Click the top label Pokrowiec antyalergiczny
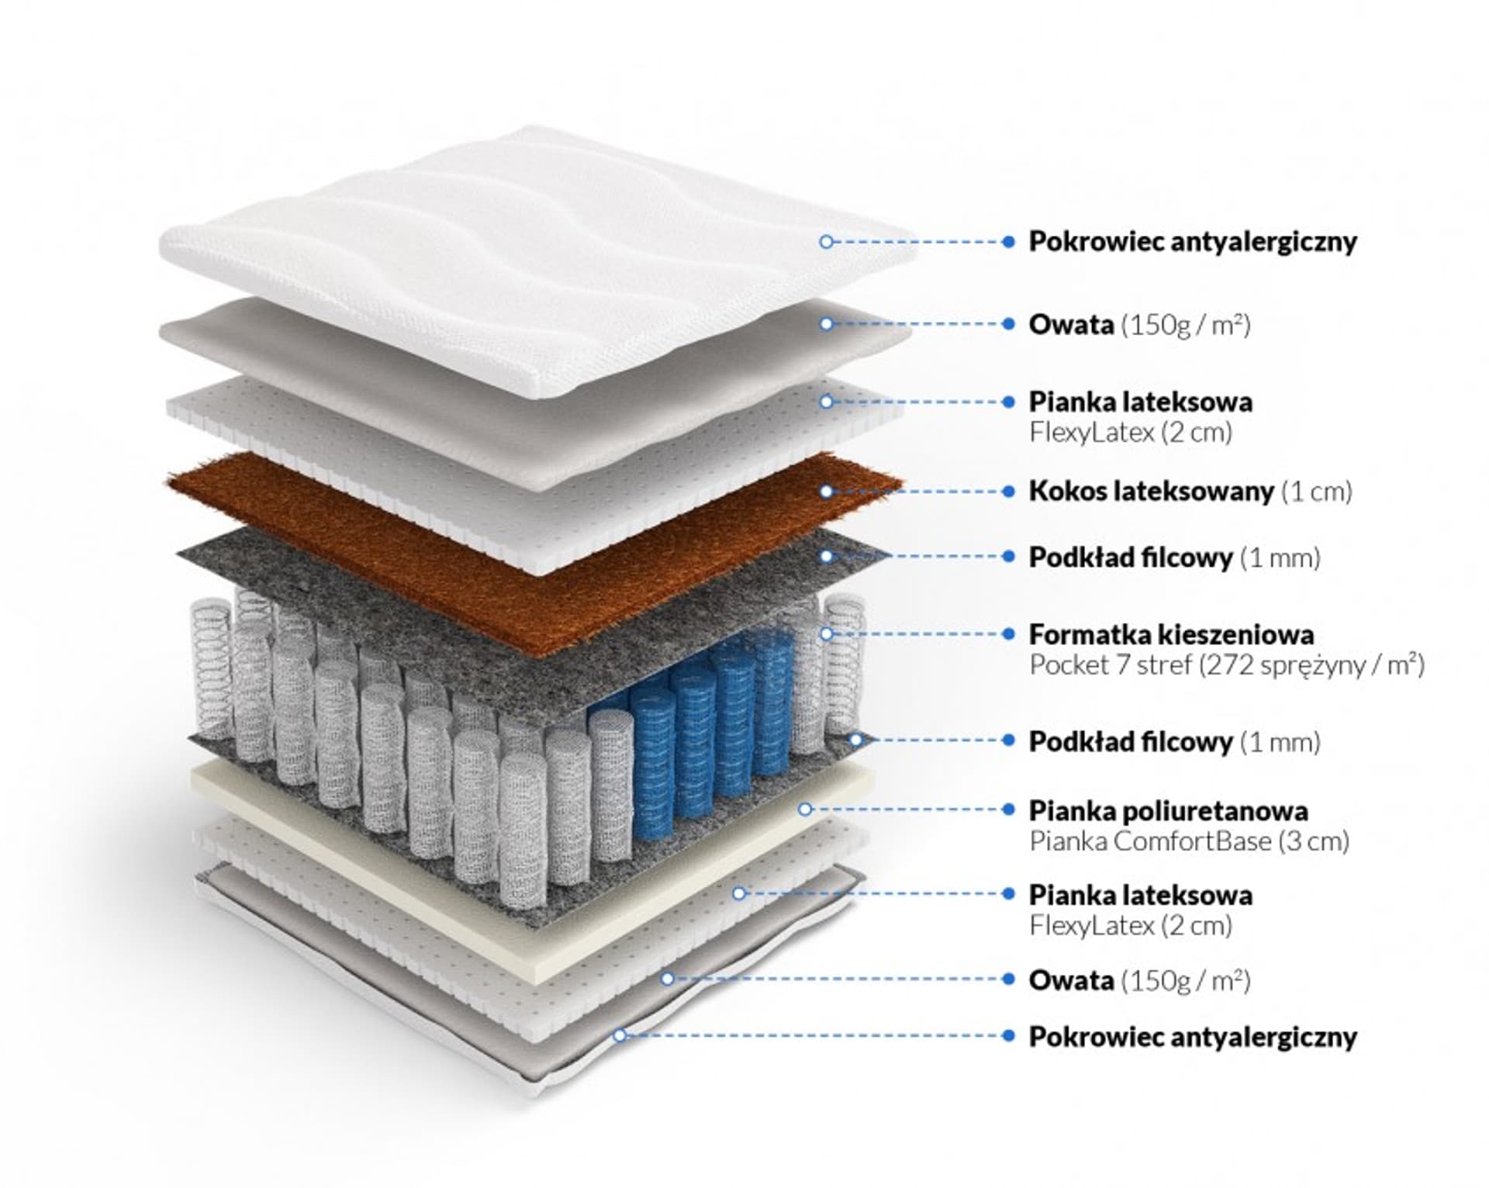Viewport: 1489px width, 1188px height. click(1192, 242)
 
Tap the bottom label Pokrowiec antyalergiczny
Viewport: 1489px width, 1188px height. click(1192, 1037)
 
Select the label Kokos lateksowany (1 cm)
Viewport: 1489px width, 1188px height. click(1190, 492)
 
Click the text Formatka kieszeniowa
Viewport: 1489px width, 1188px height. click(1171, 635)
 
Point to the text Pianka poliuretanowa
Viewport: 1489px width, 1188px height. click(1168, 811)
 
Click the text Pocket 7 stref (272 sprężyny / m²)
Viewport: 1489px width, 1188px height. click(1226, 665)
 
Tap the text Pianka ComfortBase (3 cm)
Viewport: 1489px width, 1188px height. click(1189, 841)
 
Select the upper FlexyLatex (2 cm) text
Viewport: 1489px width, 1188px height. click(1130, 433)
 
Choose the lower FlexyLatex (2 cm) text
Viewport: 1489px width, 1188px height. click(1130, 926)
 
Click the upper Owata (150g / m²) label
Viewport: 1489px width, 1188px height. click(1139, 325)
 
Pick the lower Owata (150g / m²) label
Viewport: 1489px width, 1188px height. click(1139, 981)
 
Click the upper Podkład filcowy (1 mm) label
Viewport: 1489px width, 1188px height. click(1174, 558)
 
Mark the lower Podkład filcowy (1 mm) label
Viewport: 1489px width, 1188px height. click(1174, 742)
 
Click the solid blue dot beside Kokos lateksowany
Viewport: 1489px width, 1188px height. click(1008, 492)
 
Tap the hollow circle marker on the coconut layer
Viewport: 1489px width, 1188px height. click(826, 492)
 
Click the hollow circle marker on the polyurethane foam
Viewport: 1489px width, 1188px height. click(805, 810)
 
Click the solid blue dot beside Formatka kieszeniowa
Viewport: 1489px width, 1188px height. click(1008, 634)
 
